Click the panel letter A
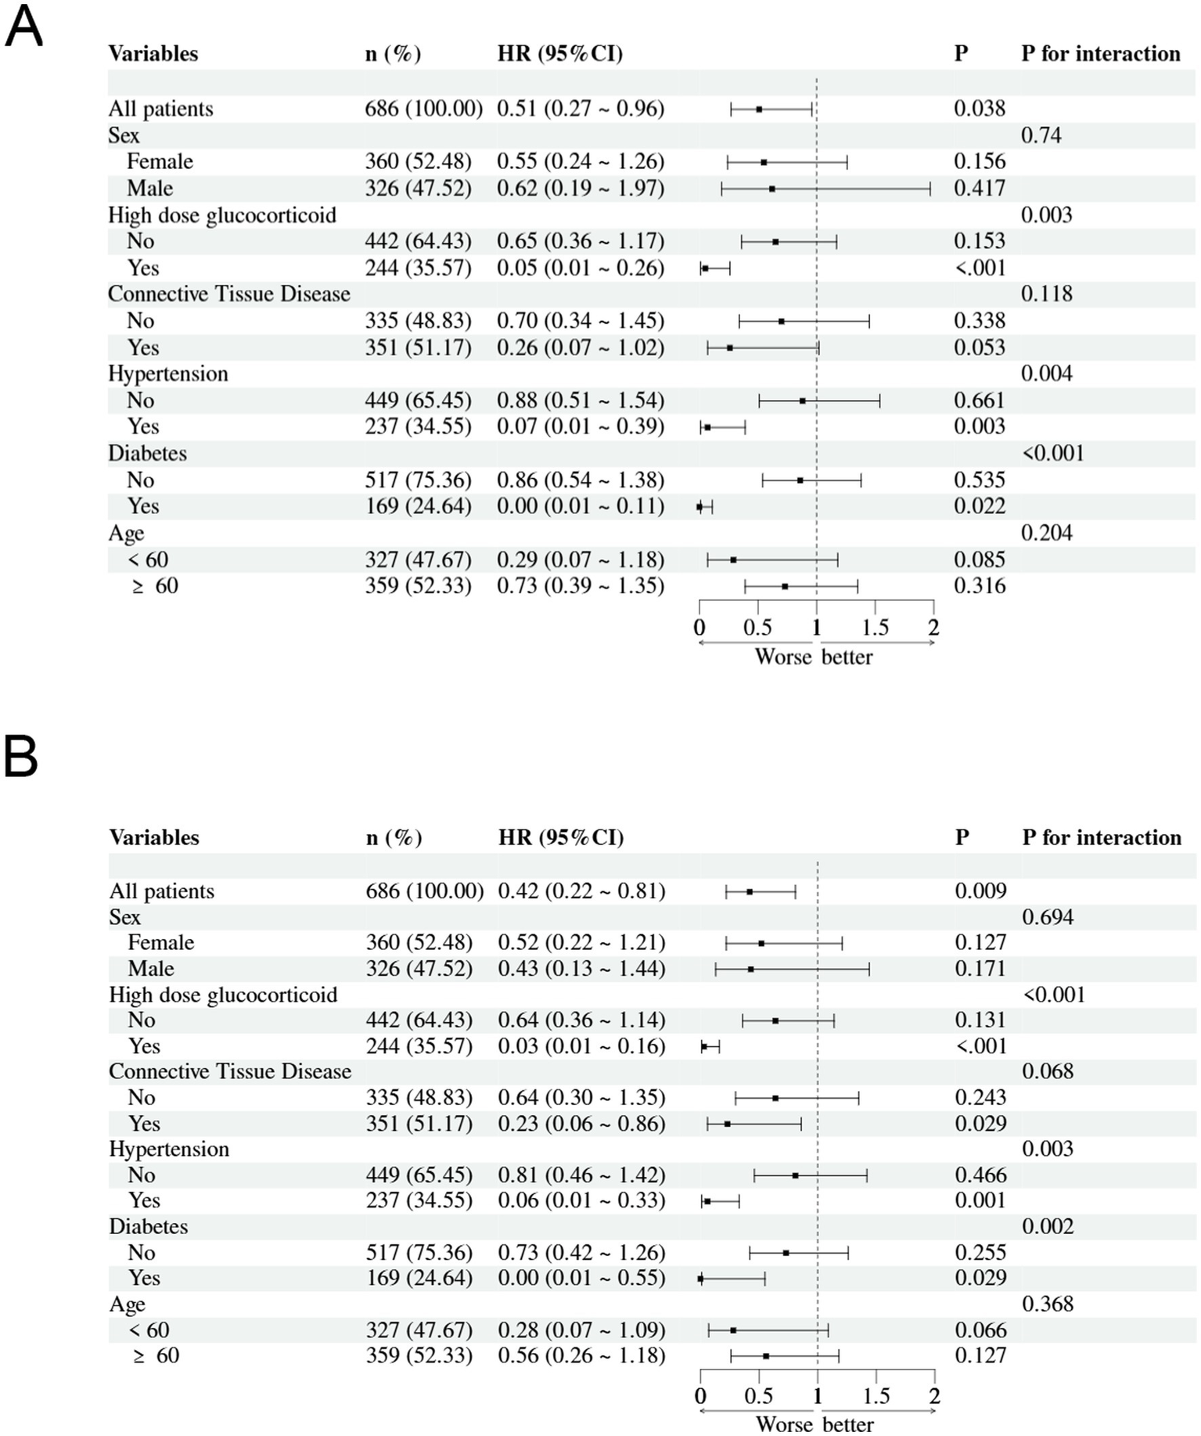point(23,29)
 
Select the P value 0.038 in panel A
point(979,109)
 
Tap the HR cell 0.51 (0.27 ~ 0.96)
point(581,109)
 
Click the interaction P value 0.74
point(1041,135)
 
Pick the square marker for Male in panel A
point(771,189)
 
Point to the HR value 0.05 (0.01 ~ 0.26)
point(581,268)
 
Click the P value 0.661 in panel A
point(979,401)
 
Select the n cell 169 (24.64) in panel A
point(418,506)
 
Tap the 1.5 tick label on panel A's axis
point(875,628)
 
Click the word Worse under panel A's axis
point(782,657)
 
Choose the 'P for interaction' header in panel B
point(1102,837)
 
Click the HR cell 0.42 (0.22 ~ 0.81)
point(581,891)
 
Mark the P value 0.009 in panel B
point(980,891)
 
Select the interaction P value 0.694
point(1048,917)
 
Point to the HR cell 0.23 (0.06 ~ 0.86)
point(581,1124)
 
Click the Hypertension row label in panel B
point(169,1149)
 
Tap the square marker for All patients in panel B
point(750,891)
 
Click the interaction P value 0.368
point(1048,1304)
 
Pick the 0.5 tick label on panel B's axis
point(758,1396)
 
